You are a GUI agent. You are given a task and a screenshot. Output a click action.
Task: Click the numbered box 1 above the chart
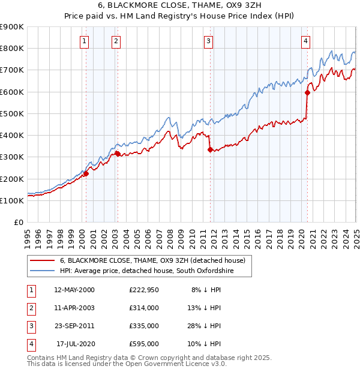85,41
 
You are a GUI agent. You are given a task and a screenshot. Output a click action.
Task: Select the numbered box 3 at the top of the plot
208,41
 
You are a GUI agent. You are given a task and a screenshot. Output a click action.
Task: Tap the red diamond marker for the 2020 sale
307,92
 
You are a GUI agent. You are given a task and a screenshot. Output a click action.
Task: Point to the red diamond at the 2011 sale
210,149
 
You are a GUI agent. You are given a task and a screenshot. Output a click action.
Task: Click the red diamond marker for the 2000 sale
86,174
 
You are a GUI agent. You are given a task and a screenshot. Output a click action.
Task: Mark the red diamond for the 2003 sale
118,154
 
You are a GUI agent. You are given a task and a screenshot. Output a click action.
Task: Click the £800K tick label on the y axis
12,48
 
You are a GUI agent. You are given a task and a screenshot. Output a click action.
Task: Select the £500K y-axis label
12,113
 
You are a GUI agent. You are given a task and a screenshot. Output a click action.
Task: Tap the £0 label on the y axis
19,222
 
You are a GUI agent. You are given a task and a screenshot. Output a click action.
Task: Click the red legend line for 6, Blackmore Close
43,261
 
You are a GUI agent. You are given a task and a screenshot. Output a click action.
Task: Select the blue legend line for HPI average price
43,271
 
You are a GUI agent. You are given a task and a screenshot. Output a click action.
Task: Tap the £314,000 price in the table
144,308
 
